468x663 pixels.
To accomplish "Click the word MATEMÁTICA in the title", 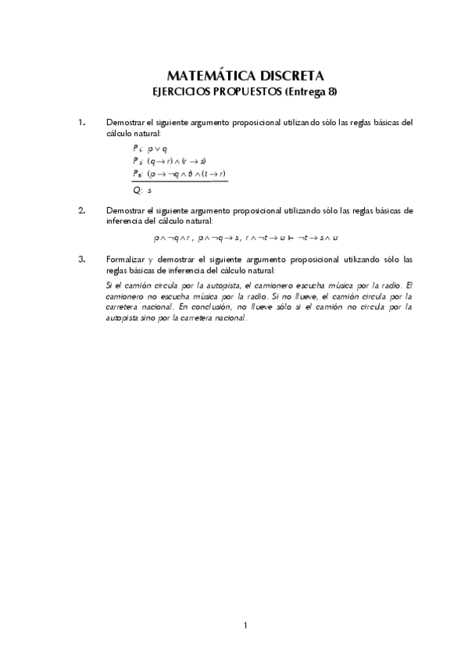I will click(209, 76).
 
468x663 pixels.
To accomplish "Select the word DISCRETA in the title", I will click(290, 76).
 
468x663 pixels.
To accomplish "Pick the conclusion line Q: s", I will click(141, 189).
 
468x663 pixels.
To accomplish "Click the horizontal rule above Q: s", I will click(180, 181).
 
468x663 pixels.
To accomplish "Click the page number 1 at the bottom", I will click(245, 625).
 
